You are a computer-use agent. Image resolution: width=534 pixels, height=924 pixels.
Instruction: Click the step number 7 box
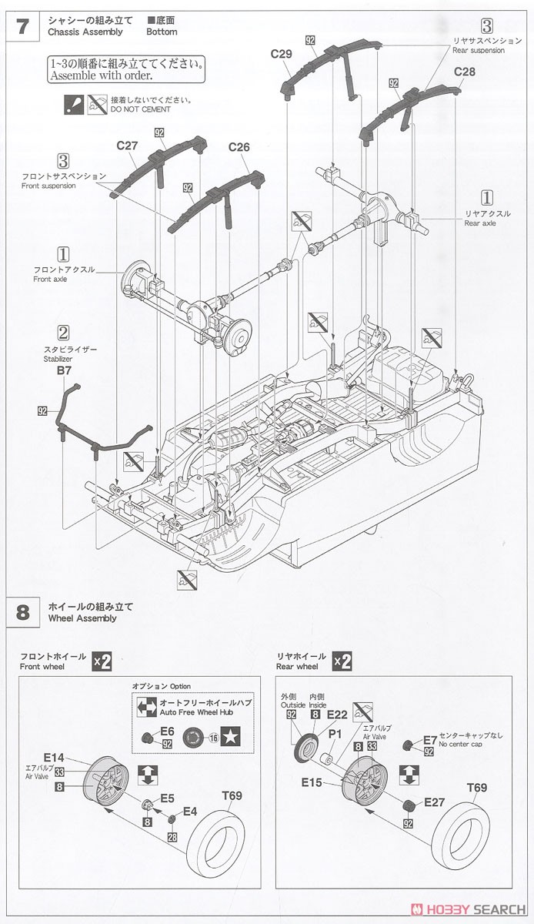point(23,26)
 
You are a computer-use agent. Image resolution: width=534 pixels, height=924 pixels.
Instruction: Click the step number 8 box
point(23,612)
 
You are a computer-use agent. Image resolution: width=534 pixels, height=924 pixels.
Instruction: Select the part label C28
point(465,72)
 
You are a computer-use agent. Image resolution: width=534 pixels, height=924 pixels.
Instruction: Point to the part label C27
point(128,145)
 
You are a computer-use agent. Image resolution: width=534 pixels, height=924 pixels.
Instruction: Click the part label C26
point(239,147)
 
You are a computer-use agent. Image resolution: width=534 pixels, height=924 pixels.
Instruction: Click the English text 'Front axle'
point(50,279)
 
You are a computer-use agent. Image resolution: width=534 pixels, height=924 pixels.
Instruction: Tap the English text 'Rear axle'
point(480,223)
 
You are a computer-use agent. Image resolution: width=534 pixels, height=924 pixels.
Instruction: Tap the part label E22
point(337,715)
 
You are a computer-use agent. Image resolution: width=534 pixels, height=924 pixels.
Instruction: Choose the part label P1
point(334,735)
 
